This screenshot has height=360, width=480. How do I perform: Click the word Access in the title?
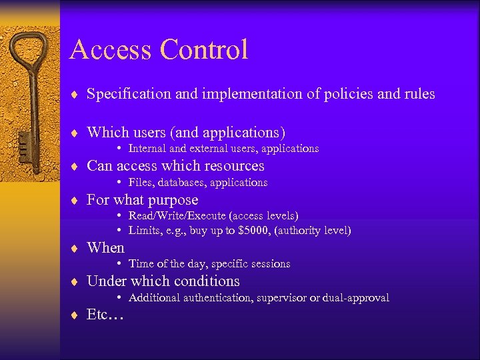[110, 50]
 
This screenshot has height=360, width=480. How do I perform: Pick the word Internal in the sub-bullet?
[147, 149]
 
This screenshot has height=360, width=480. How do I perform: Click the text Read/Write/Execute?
[177, 216]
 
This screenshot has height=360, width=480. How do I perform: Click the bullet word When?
[105, 248]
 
